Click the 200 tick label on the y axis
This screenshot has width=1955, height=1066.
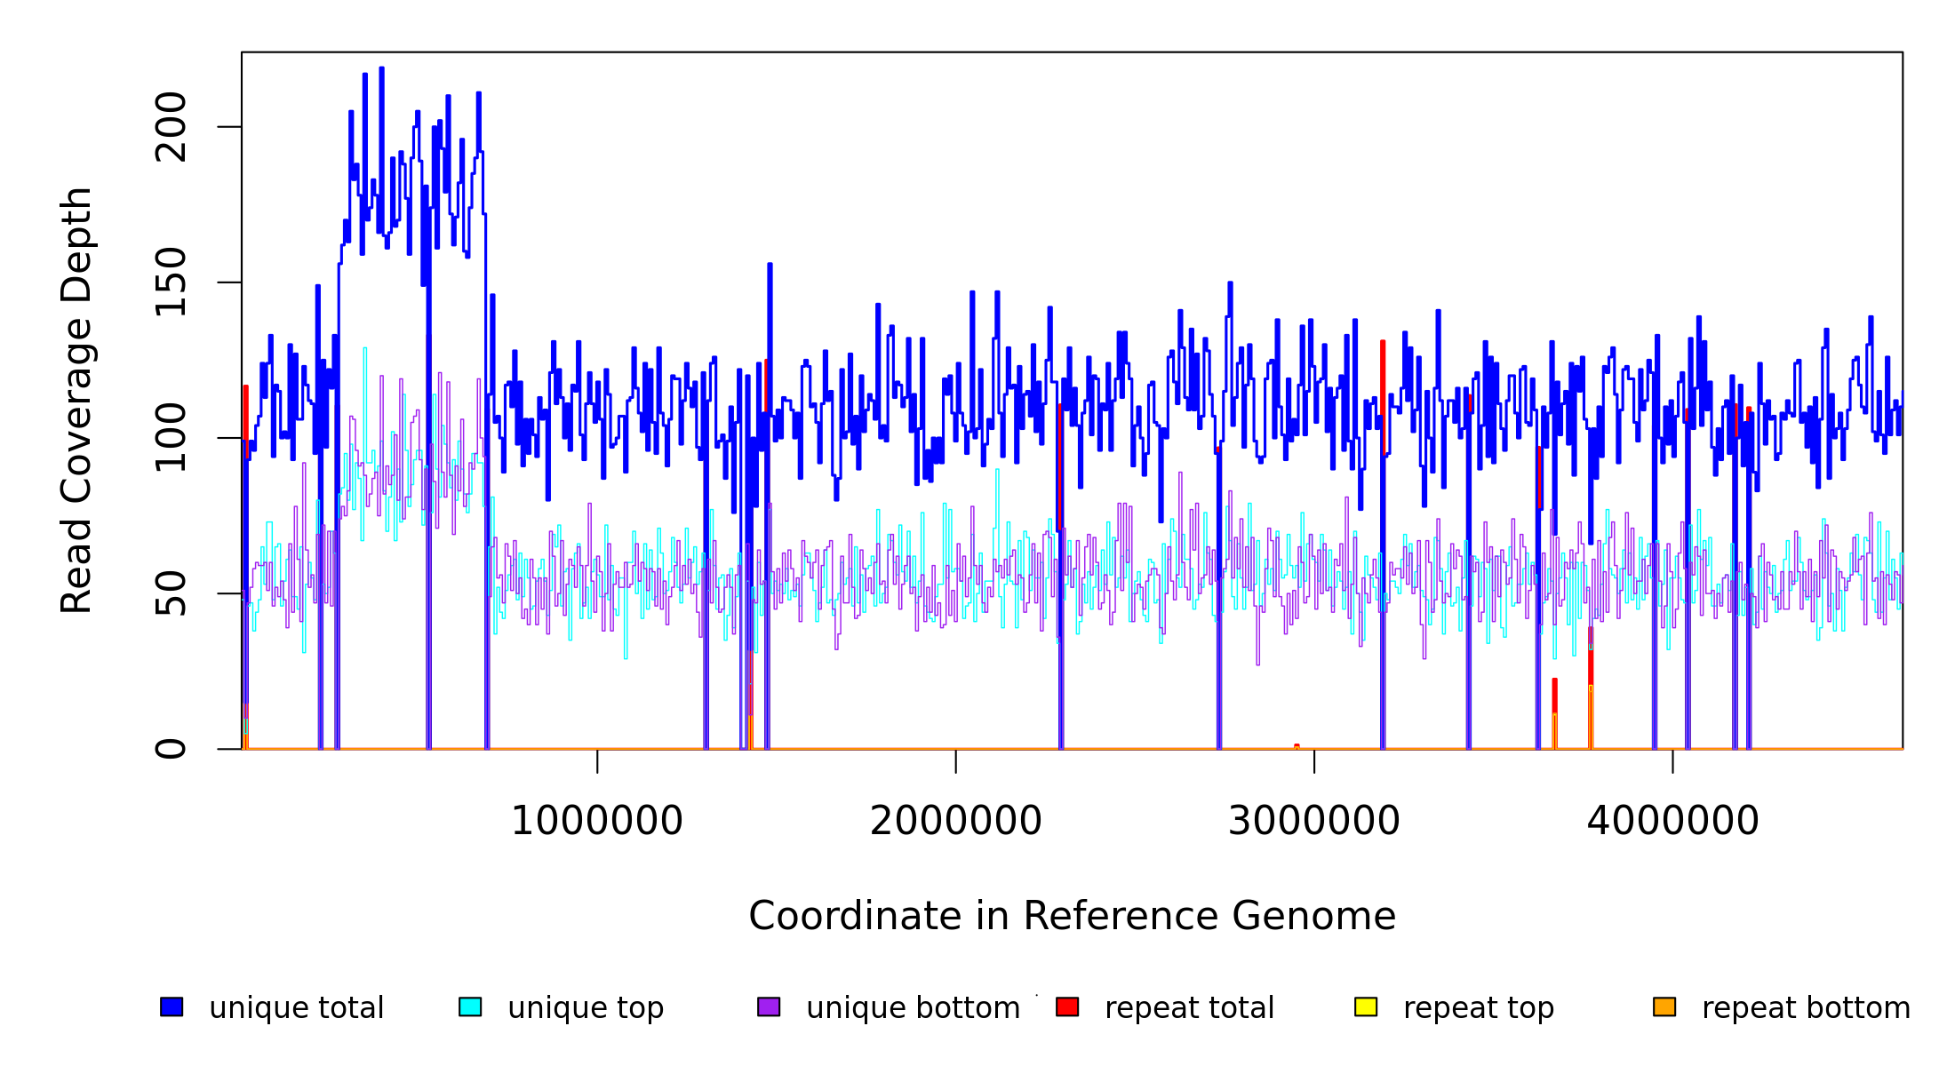[x=171, y=127]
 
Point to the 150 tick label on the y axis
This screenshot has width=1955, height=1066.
[x=171, y=282]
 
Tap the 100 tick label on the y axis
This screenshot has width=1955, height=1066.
[x=171, y=438]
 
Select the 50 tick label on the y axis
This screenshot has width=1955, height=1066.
[x=171, y=593]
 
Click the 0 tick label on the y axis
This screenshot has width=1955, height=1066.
[x=171, y=749]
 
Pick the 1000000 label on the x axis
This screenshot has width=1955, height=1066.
[x=596, y=821]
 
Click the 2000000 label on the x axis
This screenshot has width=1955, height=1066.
[x=955, y=821]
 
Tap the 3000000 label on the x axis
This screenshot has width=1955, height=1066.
[x=1313, y=821]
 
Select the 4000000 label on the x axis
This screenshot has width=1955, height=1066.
[x=1672, y=821]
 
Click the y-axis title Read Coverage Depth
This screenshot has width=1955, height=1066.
[x=76, y=400]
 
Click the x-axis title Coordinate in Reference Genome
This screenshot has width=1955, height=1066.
[x=1072, y=917]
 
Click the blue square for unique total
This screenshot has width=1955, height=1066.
[x=172, y=1006]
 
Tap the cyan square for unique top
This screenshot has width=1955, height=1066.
[x=470, y=1006]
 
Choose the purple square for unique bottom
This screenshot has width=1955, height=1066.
[x=769, y=1006]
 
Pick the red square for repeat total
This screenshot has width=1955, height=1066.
[x=1067, y=1006]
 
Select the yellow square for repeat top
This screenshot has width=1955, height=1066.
[x=1366, y=1006]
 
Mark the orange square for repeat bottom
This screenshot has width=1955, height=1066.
[x=1664, y=1006]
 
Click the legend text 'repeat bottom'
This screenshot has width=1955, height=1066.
[x=1806, y=1008]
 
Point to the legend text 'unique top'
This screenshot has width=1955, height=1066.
[x=586, y=1008]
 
